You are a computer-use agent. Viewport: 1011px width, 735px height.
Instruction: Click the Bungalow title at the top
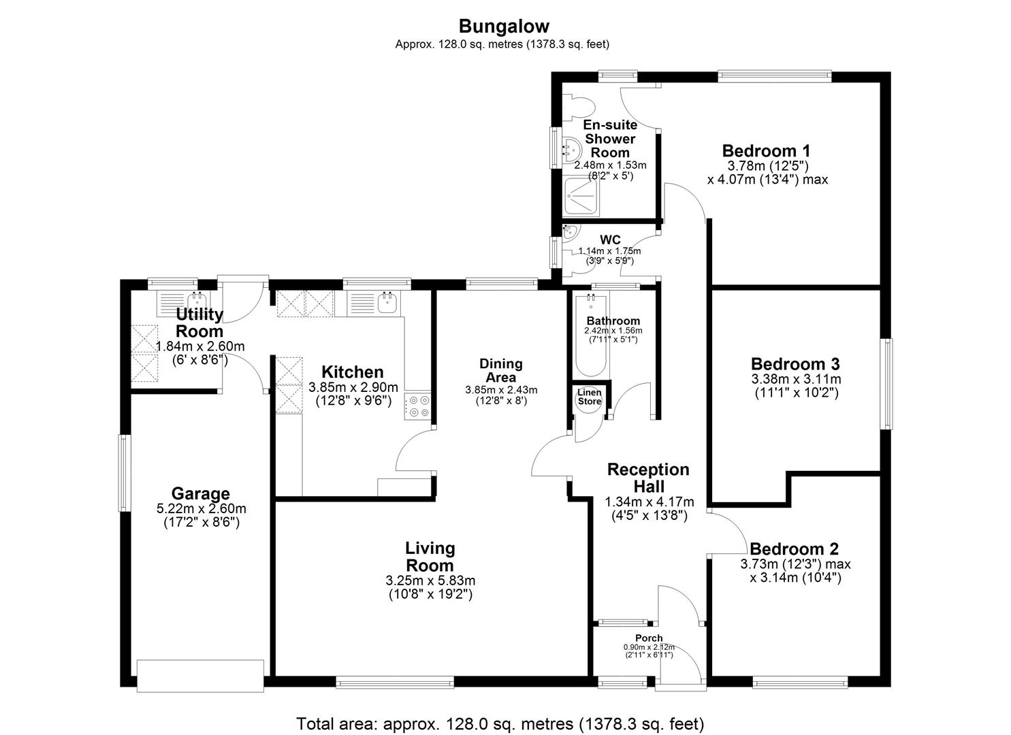pyautogui.click(x=504, y=27)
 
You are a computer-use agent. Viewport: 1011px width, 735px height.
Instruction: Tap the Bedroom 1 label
pyautogui.click(x=766, y=150)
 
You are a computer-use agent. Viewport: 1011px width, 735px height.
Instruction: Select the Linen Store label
pyautogui.click(x=590, y=397)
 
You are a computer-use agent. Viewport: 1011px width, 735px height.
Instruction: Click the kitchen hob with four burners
pyautogui.click(x=417, y=406)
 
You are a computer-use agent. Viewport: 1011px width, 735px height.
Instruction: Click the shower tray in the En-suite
pyautogui.click(x=582, y=196)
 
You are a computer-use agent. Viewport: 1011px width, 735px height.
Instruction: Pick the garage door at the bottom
pyautogui.click(x=200, y=676)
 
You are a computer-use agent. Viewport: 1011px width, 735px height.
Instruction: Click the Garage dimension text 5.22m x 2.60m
pyautogui.click(x=202, y=508)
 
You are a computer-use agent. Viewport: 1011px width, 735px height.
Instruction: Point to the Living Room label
pyautogui.click(x=430, y=557)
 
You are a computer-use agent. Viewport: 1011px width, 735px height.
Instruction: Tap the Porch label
pyautogui.click(x=649, y=638)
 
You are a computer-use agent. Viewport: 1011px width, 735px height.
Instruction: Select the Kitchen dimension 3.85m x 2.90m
pyautogui.click(x=353, y=387)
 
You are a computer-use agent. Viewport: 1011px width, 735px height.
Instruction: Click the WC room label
pyautogui.click(x=610, y=240)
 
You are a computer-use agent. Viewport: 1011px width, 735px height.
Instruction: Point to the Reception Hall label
pyautogui.click(x=648, y=478)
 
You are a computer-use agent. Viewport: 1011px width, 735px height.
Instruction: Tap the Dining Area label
pyautogui.click(x=501, y=370)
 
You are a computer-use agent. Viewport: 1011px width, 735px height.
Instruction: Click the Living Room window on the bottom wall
pyautogui.click(x=394, y=682)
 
